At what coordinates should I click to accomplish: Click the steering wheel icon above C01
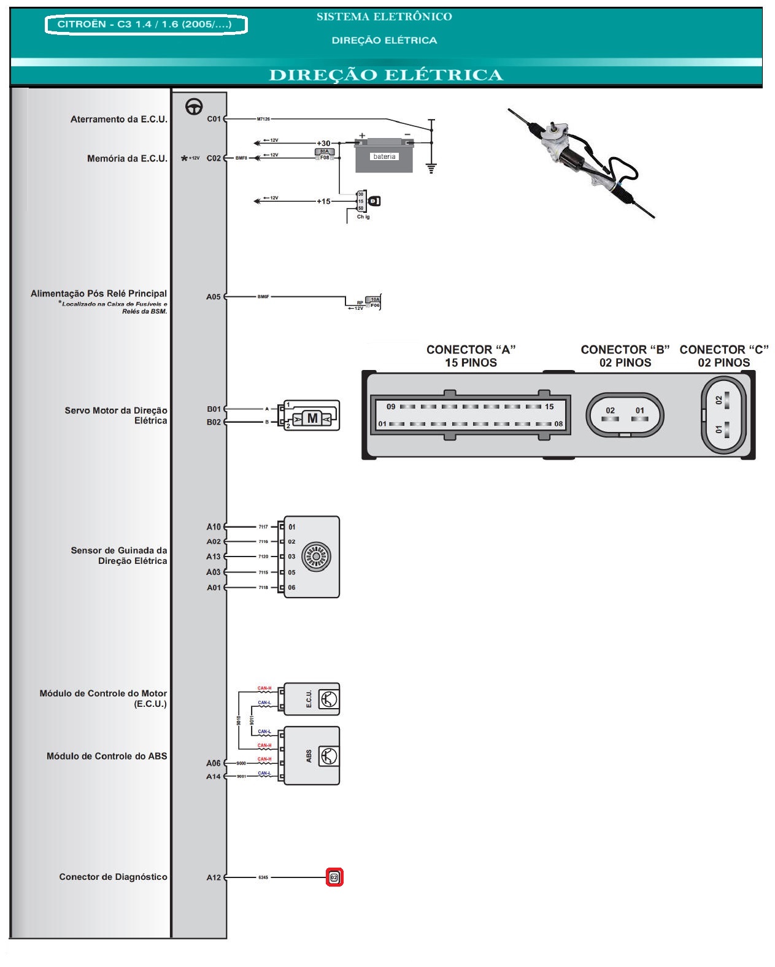[194, 107]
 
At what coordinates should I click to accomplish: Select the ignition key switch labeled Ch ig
[368, 201]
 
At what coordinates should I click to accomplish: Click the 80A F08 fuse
[324, 155]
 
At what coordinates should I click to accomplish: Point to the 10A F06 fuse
[374, 302]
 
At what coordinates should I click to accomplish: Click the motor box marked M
[312, 418]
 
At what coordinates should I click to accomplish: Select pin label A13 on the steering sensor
[213, 557]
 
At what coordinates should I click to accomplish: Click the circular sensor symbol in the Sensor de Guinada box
[316, 557]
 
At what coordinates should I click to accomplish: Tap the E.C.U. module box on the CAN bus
[311, 699]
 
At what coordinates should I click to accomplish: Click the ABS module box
[311, 756]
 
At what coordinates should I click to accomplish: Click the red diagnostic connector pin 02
[334, 877]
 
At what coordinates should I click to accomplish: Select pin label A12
[213, 877]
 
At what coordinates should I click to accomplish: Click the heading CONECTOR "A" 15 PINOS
[471, 356]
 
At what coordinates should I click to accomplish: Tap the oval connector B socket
[625, 414]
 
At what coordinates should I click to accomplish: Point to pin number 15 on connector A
[549, 406]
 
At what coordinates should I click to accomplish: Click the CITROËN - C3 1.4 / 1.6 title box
[145, 25]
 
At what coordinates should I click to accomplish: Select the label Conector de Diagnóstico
[113, 877]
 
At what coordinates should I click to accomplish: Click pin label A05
[213, 297]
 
